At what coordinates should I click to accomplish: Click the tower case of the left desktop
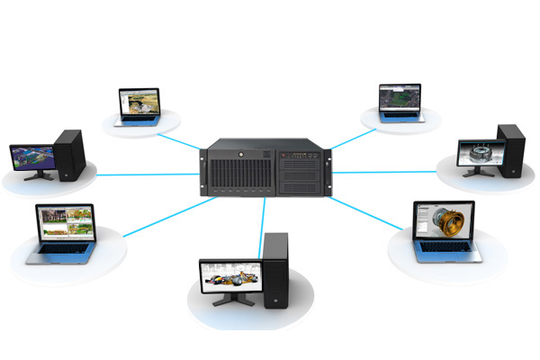point(69,155)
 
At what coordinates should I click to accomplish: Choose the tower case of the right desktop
point(511,151)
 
